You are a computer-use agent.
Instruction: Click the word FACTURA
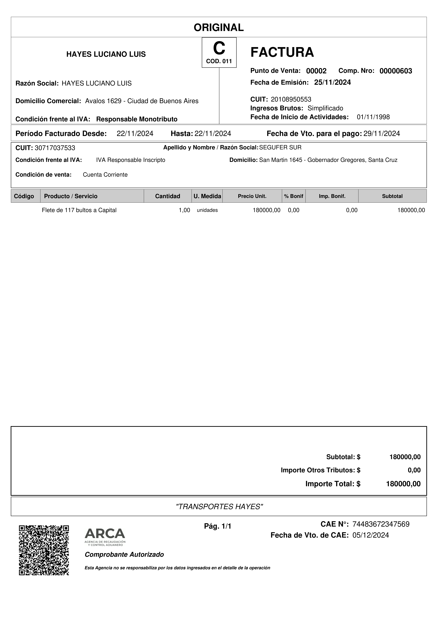coord(282,52)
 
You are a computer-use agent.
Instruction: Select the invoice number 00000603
coord(395,71)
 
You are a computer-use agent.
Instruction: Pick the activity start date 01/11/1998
coord(373,117)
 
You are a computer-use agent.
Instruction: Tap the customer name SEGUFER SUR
coord(280,148)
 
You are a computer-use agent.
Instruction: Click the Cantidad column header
coord(167,196)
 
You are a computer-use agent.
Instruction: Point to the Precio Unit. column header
coord(252,196)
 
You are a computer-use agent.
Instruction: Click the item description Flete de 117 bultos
coord(79,210)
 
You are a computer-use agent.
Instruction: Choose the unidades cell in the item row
coord(207,210)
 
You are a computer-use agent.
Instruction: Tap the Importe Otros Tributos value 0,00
coord(414,470)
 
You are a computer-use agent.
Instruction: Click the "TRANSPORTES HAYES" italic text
coord(219,507)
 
